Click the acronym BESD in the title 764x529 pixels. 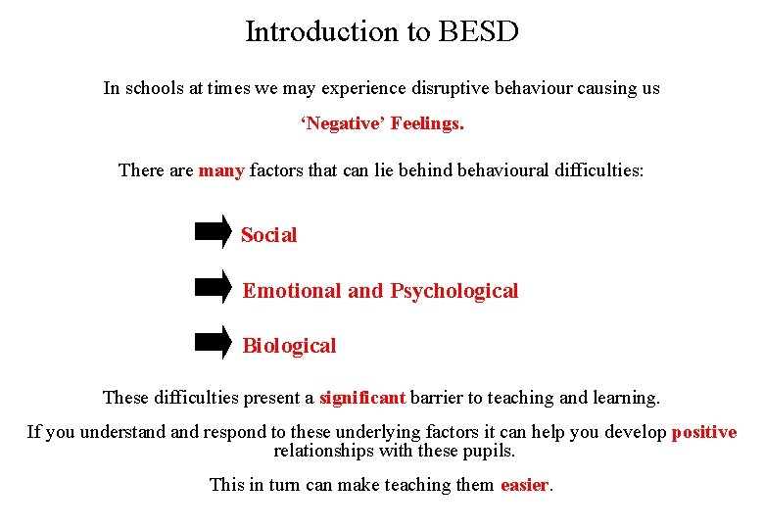(479, 32)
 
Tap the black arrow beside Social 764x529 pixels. (213, 231)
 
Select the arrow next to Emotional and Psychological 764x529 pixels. (213, 287)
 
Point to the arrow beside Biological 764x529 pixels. (213, 342)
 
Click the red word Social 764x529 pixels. (268, 235)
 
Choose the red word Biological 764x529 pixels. (289, 346)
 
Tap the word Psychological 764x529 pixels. (454, 291)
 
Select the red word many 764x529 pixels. (221, 170)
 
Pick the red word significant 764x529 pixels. (362, 398)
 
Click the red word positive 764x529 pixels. (704, 432)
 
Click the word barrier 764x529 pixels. (440, 398)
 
